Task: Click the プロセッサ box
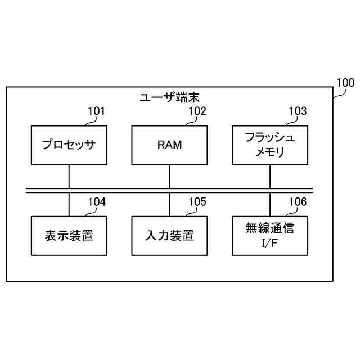point(69,145)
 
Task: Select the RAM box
point(169,145)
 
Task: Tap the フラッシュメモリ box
point(270,145)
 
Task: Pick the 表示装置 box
point(69,235)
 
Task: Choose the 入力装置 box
point(169,235)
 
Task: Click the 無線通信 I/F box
point(270,235)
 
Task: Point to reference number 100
point(344,83)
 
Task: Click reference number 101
point(96,111)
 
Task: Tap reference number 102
point(197,111)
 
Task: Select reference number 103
point(298,111)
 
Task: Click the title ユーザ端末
point(169,97)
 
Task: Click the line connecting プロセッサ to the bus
point(69,176)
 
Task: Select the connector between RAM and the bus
point(169,176)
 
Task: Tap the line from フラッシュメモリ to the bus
point(270,176)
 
